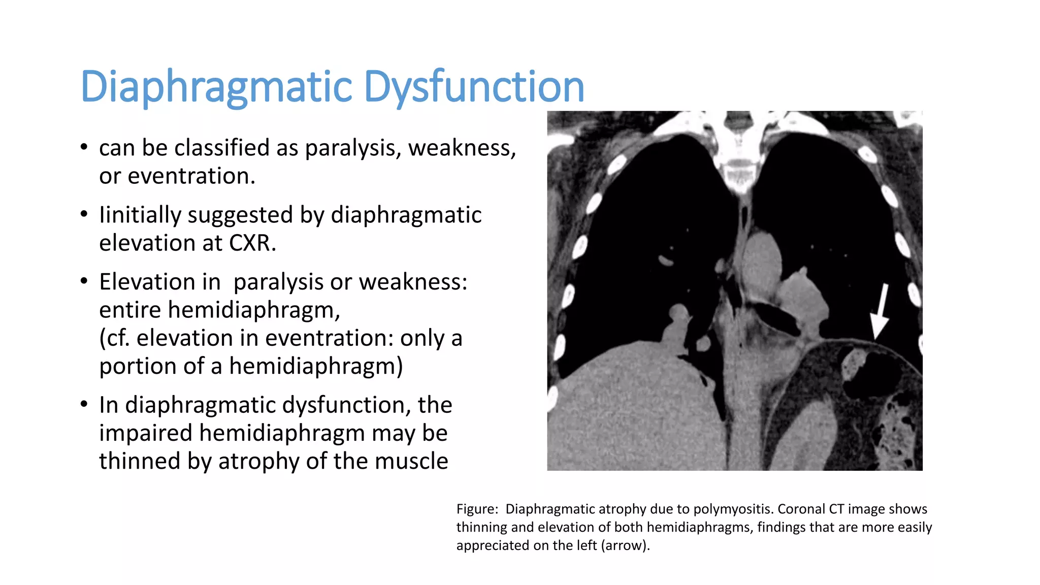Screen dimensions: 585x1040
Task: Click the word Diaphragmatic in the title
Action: pos(216,86)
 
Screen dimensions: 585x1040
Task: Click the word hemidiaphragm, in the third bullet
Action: pos(254,310)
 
